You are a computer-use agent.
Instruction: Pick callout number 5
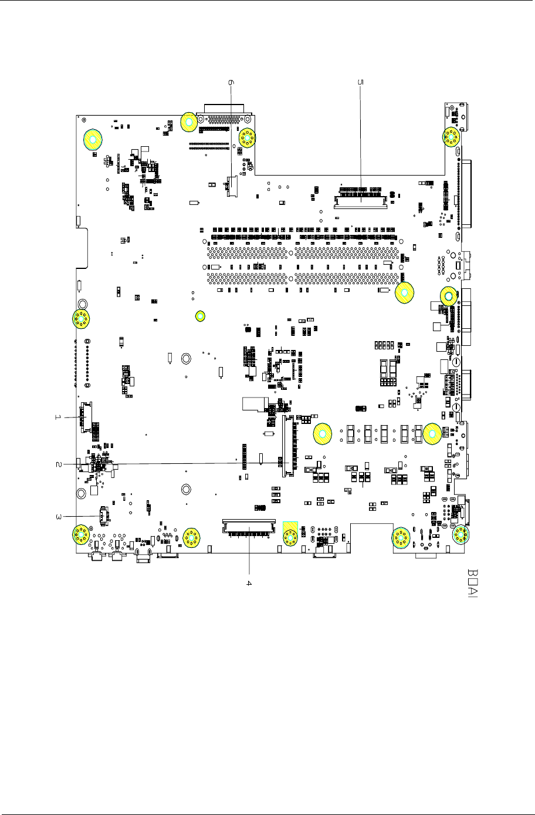point(360,83)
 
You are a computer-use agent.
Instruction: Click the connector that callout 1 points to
point(86,417)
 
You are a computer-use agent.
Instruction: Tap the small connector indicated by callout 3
point(103,516)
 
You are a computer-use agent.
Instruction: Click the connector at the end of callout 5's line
point(360,202)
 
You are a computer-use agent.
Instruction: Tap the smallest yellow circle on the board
point(200,316)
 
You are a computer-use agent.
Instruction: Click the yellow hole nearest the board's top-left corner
point(92,139)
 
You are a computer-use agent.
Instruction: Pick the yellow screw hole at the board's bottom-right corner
point(462,535)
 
